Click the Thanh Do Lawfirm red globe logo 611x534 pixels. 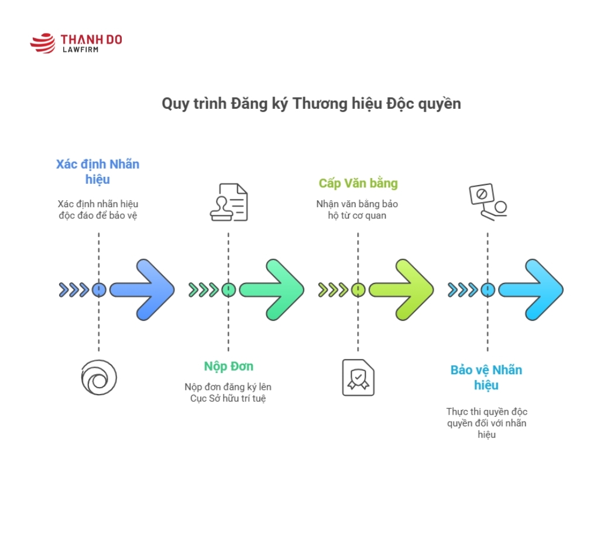(43, 43)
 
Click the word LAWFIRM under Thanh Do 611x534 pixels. (81, 50)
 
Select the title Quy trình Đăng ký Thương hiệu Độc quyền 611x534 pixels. (311, 104)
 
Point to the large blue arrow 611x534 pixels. (143, 289)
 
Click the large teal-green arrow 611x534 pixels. (273, 289)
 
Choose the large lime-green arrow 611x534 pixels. (403, 289)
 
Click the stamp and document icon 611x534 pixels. (228, 202)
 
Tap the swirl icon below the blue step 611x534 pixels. (98, 378)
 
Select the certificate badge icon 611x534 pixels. (358, 378)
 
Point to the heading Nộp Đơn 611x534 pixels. (228, 367)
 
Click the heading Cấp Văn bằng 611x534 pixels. (358, 183)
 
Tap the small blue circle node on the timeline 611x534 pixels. (99, 289)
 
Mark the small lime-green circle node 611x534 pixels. (358, 289)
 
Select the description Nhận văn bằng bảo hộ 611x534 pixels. (357, 204)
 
